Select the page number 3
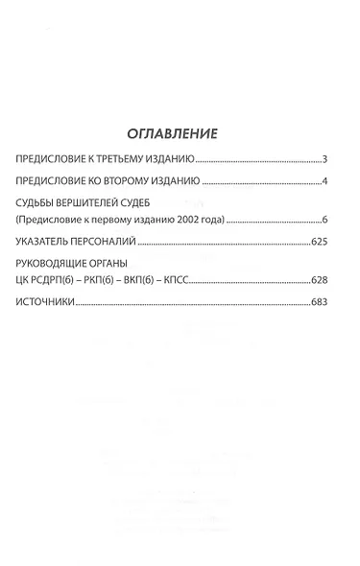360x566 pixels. tap(326, 158)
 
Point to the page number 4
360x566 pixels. tap(326, 181)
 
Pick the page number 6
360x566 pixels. tap(326, 221)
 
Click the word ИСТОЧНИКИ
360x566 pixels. tap(46, 303)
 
